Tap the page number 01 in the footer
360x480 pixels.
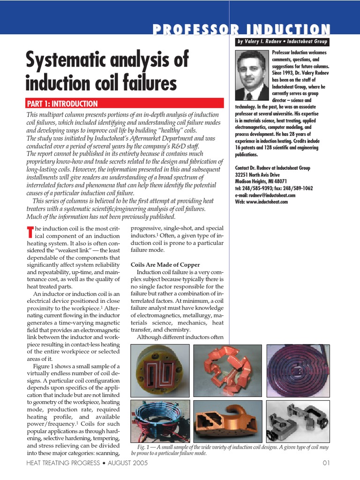coord(327,463)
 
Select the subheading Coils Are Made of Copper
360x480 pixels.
coord(165,265)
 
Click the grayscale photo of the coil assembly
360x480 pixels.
coord(298,421)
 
